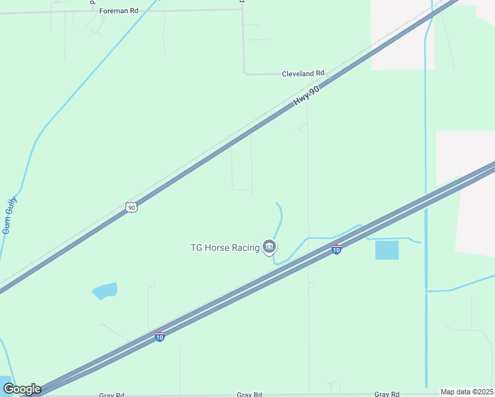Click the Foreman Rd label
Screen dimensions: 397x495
pos(119,11)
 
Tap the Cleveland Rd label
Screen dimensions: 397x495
pos(303,73)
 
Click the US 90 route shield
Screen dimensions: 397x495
pos(132,207)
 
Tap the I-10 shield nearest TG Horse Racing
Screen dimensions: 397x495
pos(336,249)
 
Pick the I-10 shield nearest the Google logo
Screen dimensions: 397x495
pos(159,337)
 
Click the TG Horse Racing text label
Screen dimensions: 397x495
pos(225,248)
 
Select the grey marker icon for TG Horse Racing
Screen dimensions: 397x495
pos(269,247)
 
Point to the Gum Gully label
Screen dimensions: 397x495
pos(9,215)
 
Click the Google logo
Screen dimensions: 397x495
pos(21,389)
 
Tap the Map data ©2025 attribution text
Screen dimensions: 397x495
pos(466,392)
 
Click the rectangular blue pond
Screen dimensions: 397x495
pos(387,250)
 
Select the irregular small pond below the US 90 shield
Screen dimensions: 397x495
pos(105,290)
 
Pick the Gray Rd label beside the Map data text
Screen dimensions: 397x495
pos(386,394)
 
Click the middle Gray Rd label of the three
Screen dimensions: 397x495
pos(249,394)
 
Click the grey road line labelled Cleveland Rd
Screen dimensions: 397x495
pos(265,73)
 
